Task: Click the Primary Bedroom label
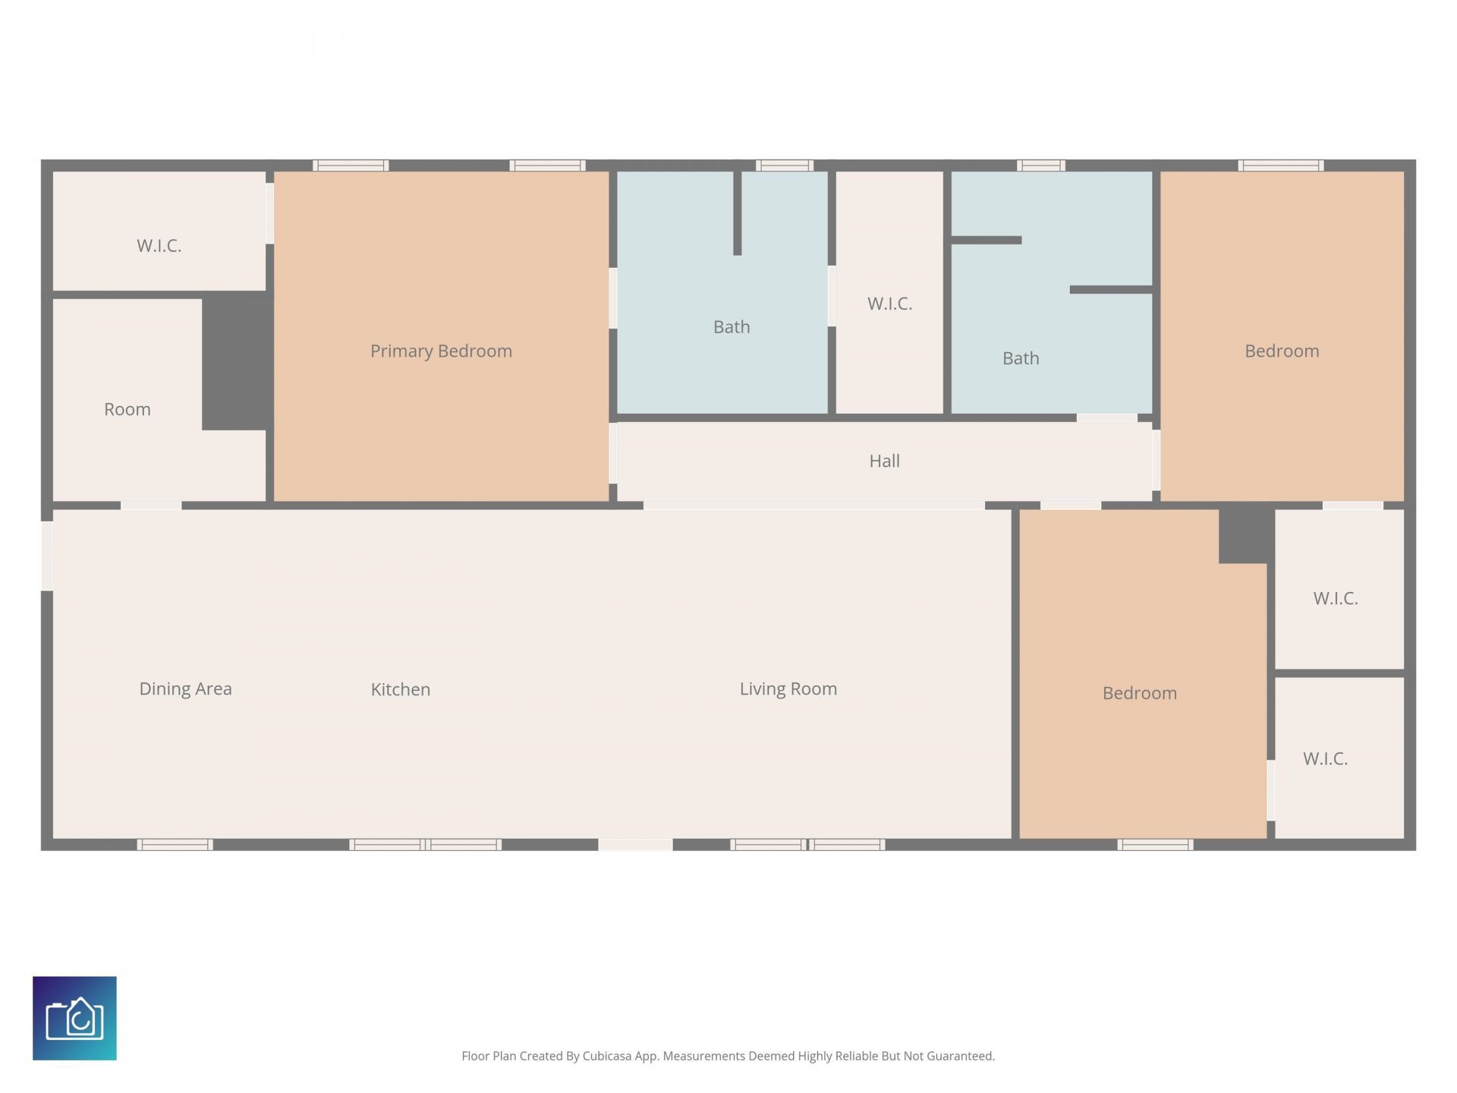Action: pos(441,351)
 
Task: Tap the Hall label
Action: pos(884,461)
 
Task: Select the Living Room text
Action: pos(788,688)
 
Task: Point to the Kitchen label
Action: pos(400,689)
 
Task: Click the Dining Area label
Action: pos(185,688)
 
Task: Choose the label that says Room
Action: pos(127,409)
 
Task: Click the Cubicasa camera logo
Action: pos(74,1018)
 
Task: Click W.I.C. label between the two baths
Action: pos(889,304)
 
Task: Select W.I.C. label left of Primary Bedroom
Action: pos(159,245)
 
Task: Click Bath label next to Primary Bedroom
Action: pos(732,327)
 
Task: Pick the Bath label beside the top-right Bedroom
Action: pos(1021,358)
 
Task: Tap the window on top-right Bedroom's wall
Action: pos(1281,165)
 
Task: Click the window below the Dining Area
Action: pos(175,845)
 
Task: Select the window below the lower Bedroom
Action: pos(1155,845)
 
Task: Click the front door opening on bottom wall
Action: pos(635,845)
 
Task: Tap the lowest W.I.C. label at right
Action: pos(1325,758)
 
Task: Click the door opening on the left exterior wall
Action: pos(47,556)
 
